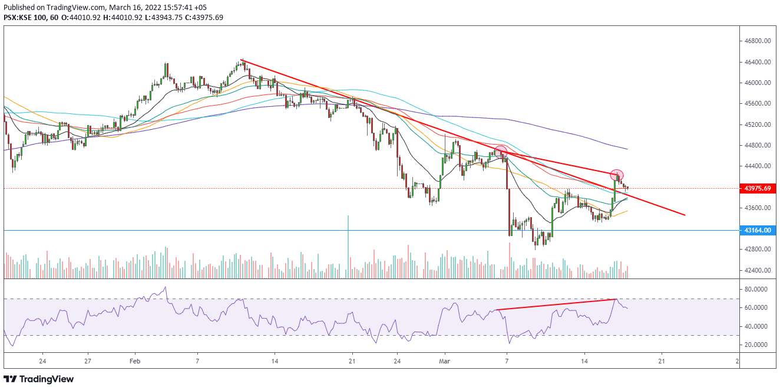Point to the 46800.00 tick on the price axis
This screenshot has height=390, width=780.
[x=758, y=41]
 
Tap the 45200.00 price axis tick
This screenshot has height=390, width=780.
[x=758, y=124]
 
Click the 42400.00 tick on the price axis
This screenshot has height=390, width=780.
[x=758, y=270]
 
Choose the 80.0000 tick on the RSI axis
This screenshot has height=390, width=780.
[x=758, y=290]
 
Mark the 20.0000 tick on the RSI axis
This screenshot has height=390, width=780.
[x=758, y=345]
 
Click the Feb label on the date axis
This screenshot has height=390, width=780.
[x=134, y=360]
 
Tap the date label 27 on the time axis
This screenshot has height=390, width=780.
[x=87, y=360]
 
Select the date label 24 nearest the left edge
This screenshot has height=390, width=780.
[x=42, y=360]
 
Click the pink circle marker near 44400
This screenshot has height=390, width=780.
[x=617, y=175]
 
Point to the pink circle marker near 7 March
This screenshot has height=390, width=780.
[x=501, y=152]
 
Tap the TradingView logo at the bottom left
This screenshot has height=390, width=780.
[x=39, y=379]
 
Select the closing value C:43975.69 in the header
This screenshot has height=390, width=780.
[x=203, y=17]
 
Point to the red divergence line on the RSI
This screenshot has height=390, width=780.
[x=556, y=304]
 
